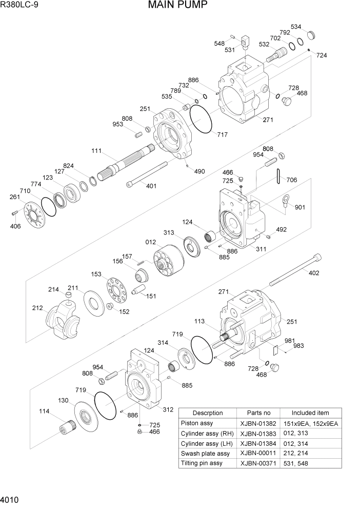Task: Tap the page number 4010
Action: tap(11, 499)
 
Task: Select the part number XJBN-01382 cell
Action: tap(258, 423)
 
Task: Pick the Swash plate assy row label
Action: tap(205, 454)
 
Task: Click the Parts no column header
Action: tap(258, 413)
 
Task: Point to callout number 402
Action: tap(313, 273)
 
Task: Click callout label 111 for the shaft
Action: tap(97, 151)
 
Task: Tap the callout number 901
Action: tap(300, 207)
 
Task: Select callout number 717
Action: tap(222, 135)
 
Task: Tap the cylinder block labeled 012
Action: tap(168, 260)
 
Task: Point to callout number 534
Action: tap(296, 27)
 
